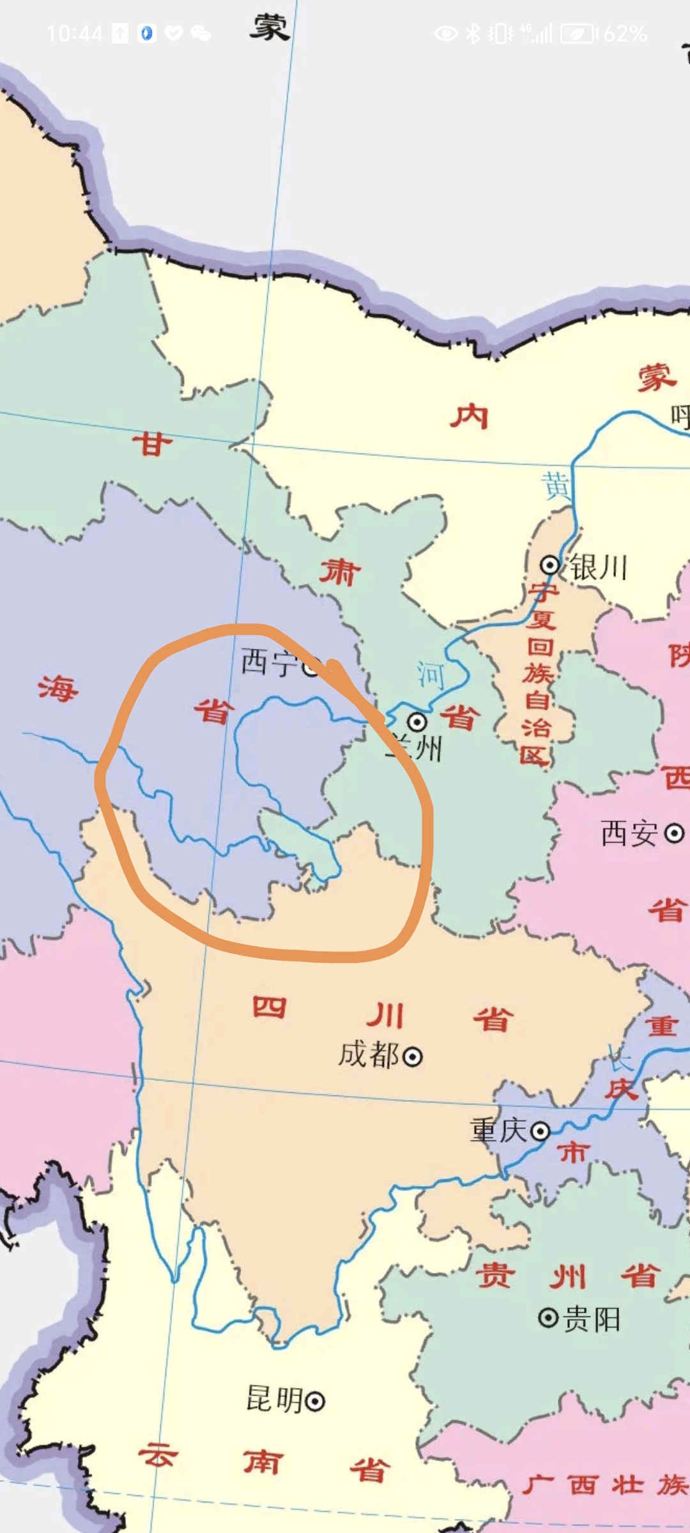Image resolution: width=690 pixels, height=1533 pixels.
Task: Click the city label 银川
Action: [599, 567]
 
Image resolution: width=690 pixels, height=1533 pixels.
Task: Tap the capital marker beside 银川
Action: [549, 565]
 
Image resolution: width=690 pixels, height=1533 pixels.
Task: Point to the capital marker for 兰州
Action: [417, 722]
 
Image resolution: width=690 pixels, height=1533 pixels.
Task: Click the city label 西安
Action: [629, 833]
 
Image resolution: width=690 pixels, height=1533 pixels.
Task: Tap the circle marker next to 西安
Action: [675, 833]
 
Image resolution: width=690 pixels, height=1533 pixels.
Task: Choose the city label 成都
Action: [369, 1055]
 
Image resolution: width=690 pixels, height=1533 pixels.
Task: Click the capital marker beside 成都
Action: [413, 1057]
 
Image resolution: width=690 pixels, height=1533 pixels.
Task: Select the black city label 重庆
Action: [498, 1130]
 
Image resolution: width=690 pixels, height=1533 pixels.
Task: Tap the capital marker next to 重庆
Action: [540, 1132]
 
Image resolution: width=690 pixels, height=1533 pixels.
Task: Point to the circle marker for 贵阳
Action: [548, 1318]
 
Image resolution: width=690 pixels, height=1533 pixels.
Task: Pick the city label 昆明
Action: [274, 1400]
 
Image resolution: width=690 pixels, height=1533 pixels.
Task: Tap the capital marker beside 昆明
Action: [315, 1402]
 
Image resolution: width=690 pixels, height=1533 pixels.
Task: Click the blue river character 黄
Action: [556, 485]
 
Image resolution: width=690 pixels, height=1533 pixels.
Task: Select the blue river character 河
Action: [431, 675]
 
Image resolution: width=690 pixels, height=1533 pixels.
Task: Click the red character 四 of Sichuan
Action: [269, 1007]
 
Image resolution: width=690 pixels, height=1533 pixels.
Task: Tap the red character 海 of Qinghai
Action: [57, 688]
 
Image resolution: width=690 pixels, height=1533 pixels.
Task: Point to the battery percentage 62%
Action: [625, 34]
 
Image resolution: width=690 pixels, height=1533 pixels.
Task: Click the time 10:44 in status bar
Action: [74, 34]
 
